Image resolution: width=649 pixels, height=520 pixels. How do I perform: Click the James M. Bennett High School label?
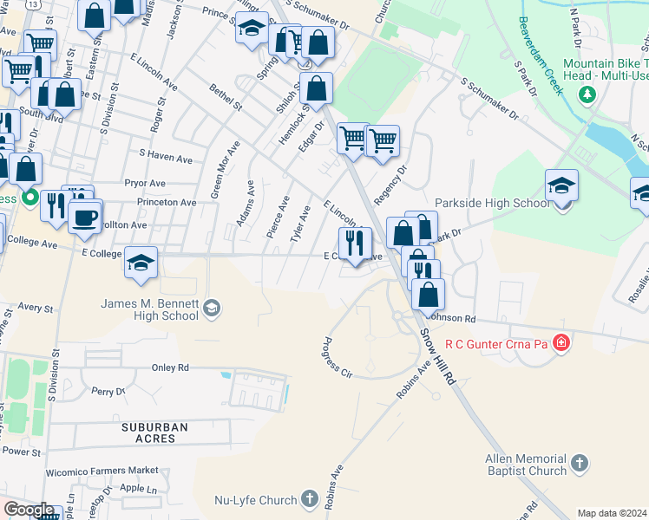[150, 309]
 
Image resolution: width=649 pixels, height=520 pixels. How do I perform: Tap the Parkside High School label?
[492, 204]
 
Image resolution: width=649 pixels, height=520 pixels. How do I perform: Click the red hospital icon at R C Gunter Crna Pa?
[561, 343]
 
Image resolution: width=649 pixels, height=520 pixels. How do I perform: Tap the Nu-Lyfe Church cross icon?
[310, 499]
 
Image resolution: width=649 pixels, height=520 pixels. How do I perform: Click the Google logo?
[29, 510]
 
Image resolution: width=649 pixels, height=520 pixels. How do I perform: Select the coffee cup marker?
[85, 216]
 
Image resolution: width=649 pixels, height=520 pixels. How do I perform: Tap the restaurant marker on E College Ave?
[354, 243]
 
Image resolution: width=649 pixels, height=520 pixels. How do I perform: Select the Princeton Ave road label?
[166, 202]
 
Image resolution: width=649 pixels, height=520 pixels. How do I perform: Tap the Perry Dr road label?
[108, 392]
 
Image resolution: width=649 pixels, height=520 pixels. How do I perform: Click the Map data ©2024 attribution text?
[612, 513]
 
